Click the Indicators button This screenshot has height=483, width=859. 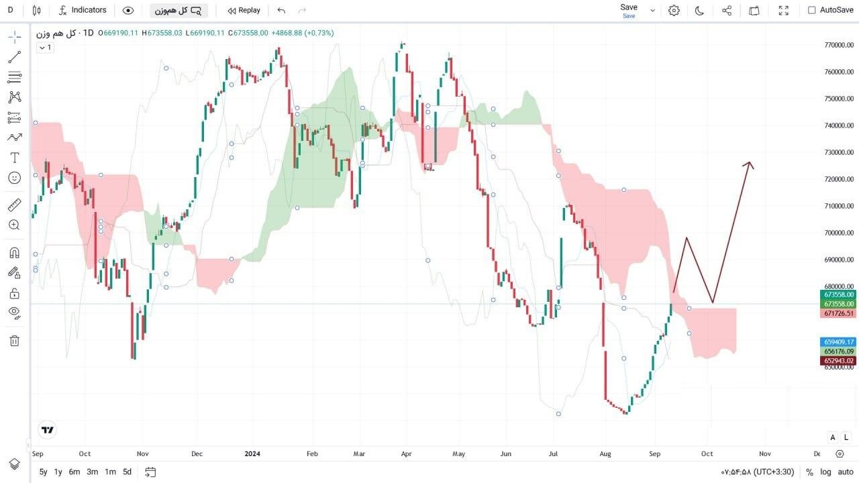pos(83,10)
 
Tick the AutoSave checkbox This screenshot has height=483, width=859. pos(811,10)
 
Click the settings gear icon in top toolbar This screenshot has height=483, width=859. pos(674,10)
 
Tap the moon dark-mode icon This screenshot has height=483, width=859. pos(699,10)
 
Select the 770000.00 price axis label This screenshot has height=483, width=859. pos(839,45)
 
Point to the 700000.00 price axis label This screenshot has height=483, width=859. pos(839,233)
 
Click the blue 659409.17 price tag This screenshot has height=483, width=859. pos(838,342)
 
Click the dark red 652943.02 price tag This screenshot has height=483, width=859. pos(838,361)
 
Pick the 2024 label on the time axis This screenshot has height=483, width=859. pos(252,454)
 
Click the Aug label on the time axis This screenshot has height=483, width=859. pos(605,454)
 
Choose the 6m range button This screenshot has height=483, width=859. pos(74,472)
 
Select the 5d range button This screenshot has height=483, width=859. pos(127,472)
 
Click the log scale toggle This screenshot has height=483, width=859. pos(825,472)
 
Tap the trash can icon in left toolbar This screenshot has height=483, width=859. pos(15,341)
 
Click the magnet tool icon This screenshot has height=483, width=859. pos(15,253)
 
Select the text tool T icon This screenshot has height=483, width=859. pos(15,158)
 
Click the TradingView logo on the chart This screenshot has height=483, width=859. pos(48,430)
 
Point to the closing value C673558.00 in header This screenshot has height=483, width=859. pos(248,33)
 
